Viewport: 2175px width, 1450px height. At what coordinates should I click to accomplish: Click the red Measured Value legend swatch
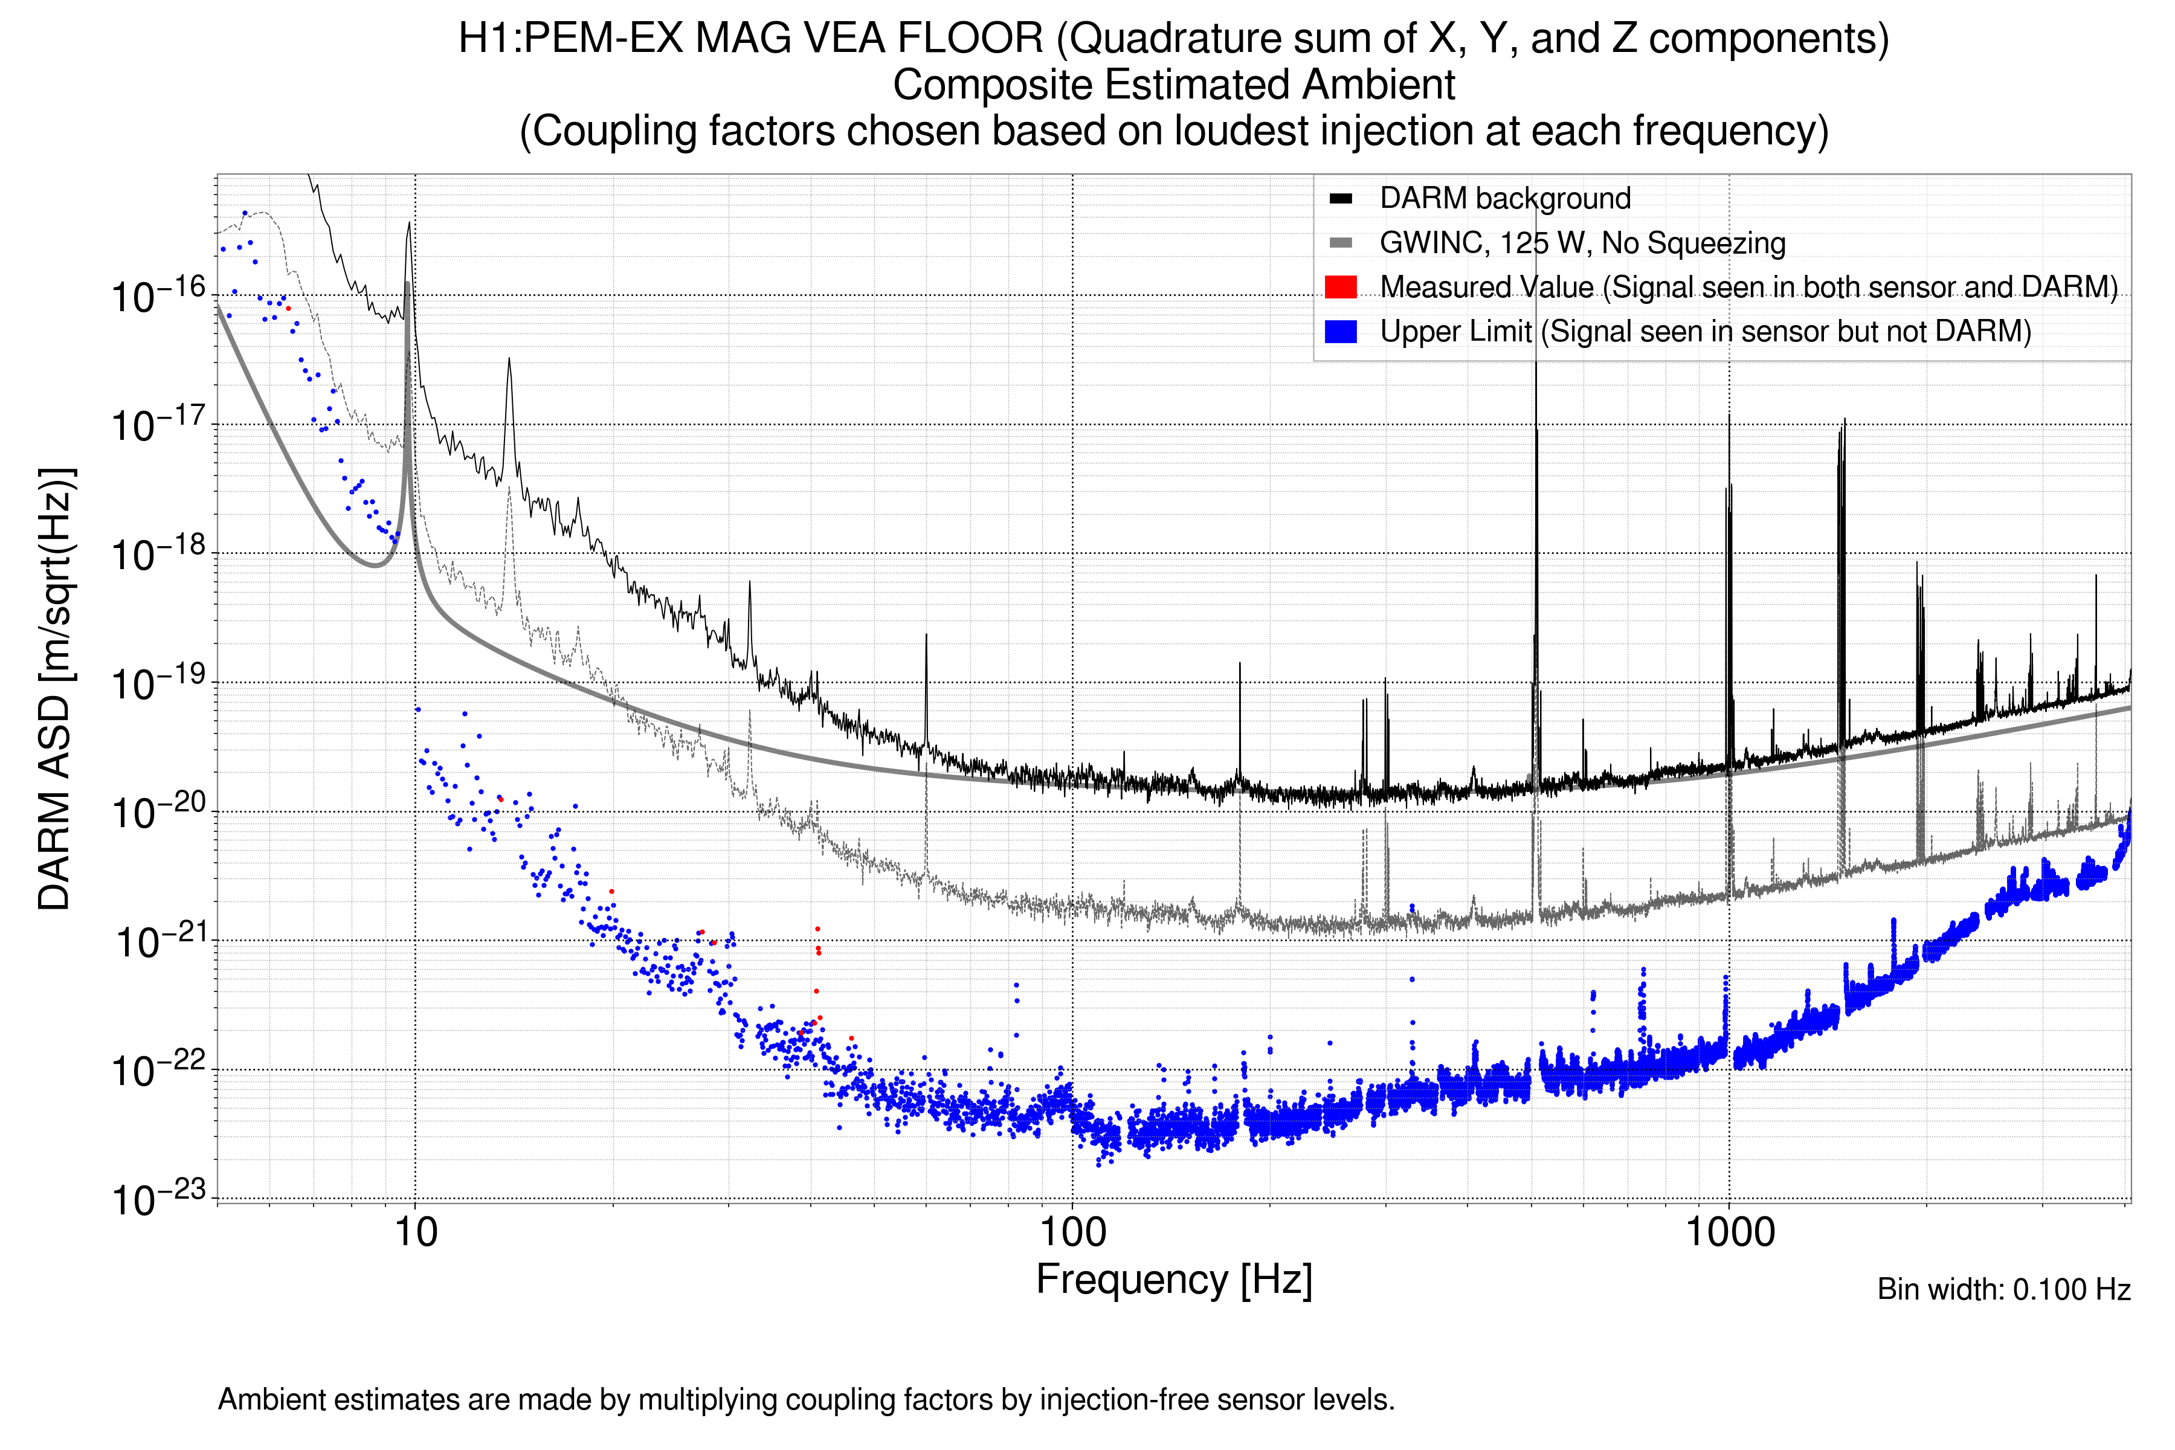click(1340, 286)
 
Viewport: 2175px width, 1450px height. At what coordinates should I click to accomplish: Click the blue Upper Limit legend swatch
click(1340, 331)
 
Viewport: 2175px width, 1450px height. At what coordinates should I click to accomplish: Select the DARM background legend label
click(1504, 198)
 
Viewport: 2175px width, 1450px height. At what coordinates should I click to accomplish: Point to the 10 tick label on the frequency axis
click(415, 1232)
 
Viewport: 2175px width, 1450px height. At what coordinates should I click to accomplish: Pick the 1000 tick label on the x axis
click(1729, 1232)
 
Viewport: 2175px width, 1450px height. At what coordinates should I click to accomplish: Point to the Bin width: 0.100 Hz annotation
click(2003, 1289)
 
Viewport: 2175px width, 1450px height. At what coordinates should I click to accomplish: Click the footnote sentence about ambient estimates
click(805, 1400)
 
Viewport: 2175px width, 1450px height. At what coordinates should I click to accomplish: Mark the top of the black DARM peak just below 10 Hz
click(409, 223)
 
